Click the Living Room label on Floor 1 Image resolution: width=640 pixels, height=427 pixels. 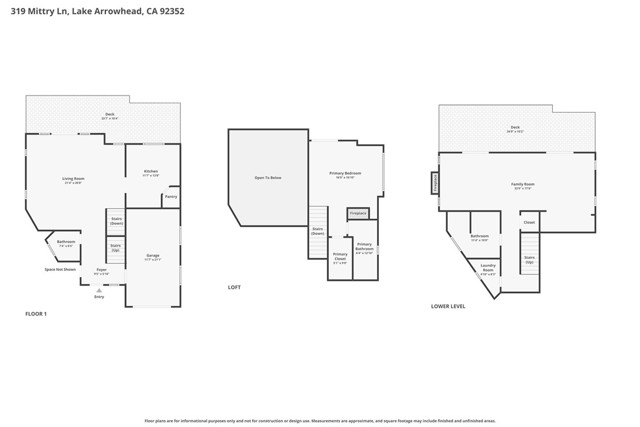pyautogui.click(x=74, y=181)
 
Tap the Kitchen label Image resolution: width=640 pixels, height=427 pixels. pyautogui.click(x=150, y=174)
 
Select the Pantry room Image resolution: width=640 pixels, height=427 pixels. pyautogui.click(x=171, y=197)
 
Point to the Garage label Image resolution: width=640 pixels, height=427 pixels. pyautogui.click(x=153, y=257)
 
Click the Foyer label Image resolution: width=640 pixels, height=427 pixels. pyautogui.click(x=101, y=271)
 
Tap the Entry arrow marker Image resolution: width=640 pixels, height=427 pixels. pyautogui.click(x=98, y=290)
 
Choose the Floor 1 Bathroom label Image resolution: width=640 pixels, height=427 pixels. pyautogui.click(x=66, y=243)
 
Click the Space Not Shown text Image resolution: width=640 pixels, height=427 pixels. pyautogui.click(x=60, y=269)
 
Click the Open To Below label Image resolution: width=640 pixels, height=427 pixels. pyautogui.click(x=267, y=178)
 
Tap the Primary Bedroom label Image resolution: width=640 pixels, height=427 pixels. pyautogui.click(x=346, y=174)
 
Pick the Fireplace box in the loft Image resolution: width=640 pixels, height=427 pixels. pyautogui.click(x=357, y=213)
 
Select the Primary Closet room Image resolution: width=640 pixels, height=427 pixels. pyautogui.click(x=340, y=257)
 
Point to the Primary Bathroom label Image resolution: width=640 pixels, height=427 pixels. pyautogui.click(x=364, y=247)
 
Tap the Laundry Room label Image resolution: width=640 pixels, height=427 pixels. pyautogui.click(x=488, y=269)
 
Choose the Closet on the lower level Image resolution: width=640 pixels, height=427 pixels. pyautogui.click(x=529, y=222)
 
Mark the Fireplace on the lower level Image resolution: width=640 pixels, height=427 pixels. pyautogui.click(x=434, y=183)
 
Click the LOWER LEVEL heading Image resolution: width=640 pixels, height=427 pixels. pyautogui.click(x=448, y=306)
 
